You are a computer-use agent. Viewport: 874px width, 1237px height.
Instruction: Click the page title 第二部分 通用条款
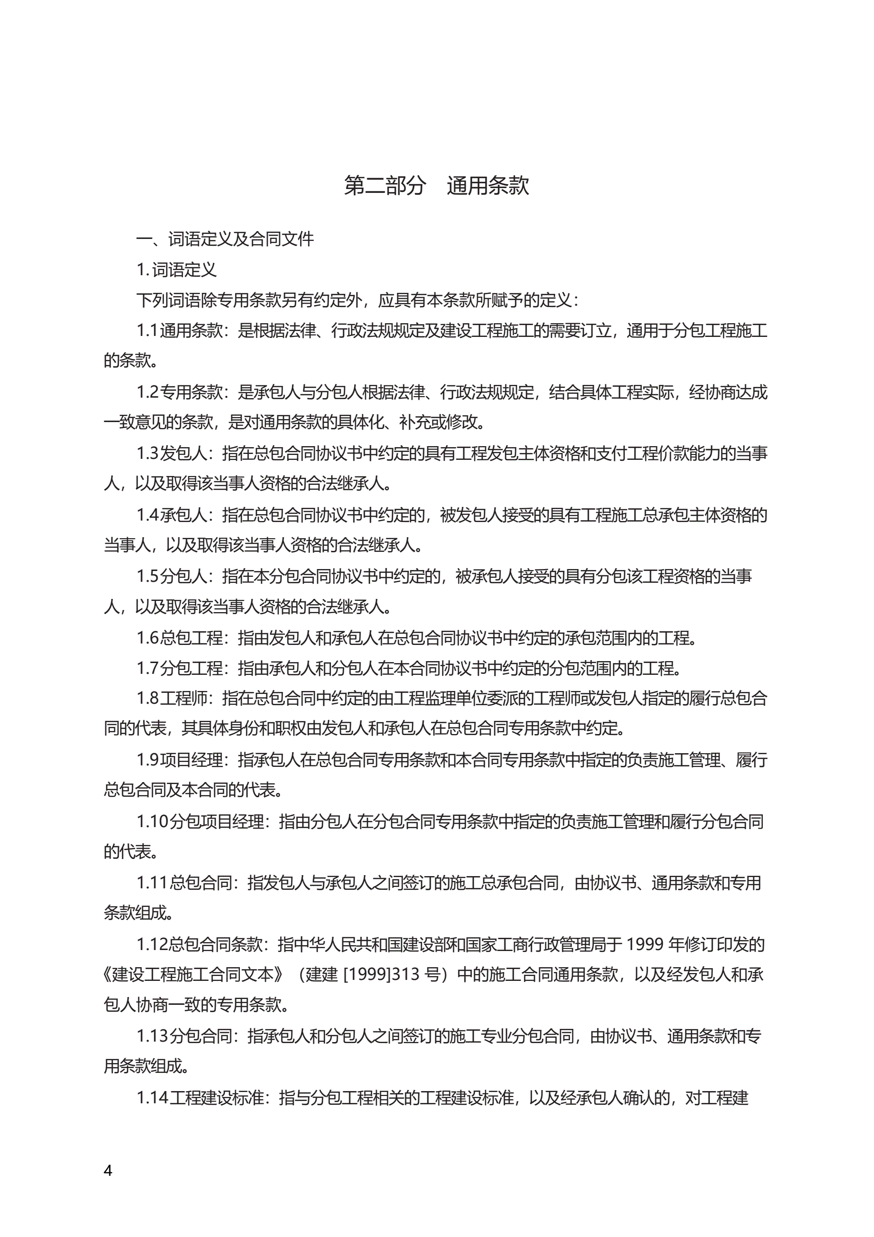436,185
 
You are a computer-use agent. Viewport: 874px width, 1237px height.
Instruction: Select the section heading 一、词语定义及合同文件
225,238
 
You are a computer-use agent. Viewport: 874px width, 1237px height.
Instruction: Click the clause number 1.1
147,330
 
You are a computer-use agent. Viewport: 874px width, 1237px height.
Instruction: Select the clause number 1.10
152,822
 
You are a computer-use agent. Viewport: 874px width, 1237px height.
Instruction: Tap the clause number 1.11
152,883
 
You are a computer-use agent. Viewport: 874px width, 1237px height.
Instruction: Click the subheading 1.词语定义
176,269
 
